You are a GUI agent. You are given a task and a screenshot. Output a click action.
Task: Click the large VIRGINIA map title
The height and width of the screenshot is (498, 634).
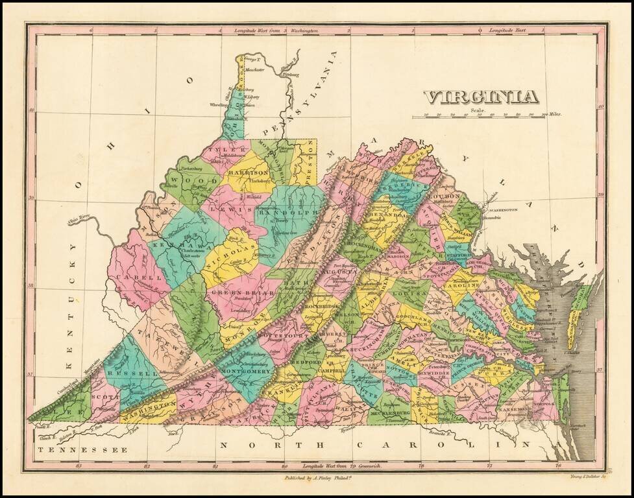click(x=481, y=97)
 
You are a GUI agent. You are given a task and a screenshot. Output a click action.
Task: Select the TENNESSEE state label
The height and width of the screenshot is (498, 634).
click(x=80, y=449)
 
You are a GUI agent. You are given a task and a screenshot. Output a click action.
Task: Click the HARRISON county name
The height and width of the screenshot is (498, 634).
click(x=247, y=173)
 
